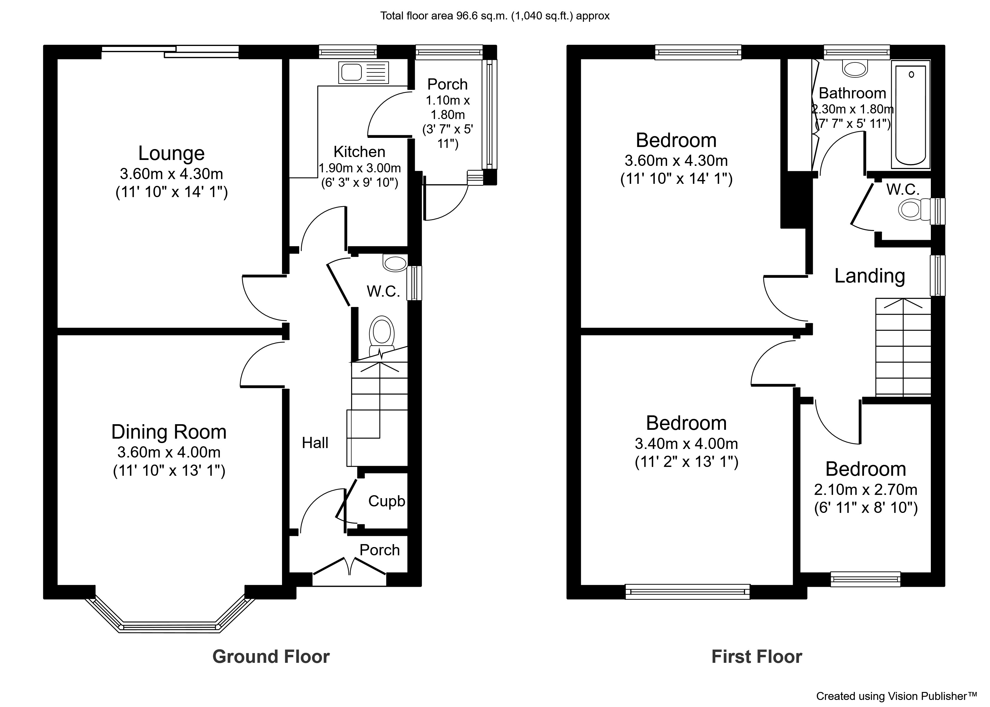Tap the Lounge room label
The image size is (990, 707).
(171, 153)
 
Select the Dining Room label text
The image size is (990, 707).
(169, 432)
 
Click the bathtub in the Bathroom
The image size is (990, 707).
(911, 115)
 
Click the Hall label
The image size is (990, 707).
(315, 443)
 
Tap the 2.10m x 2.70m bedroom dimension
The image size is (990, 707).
(865, 490)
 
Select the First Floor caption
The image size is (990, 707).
(757, 657)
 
